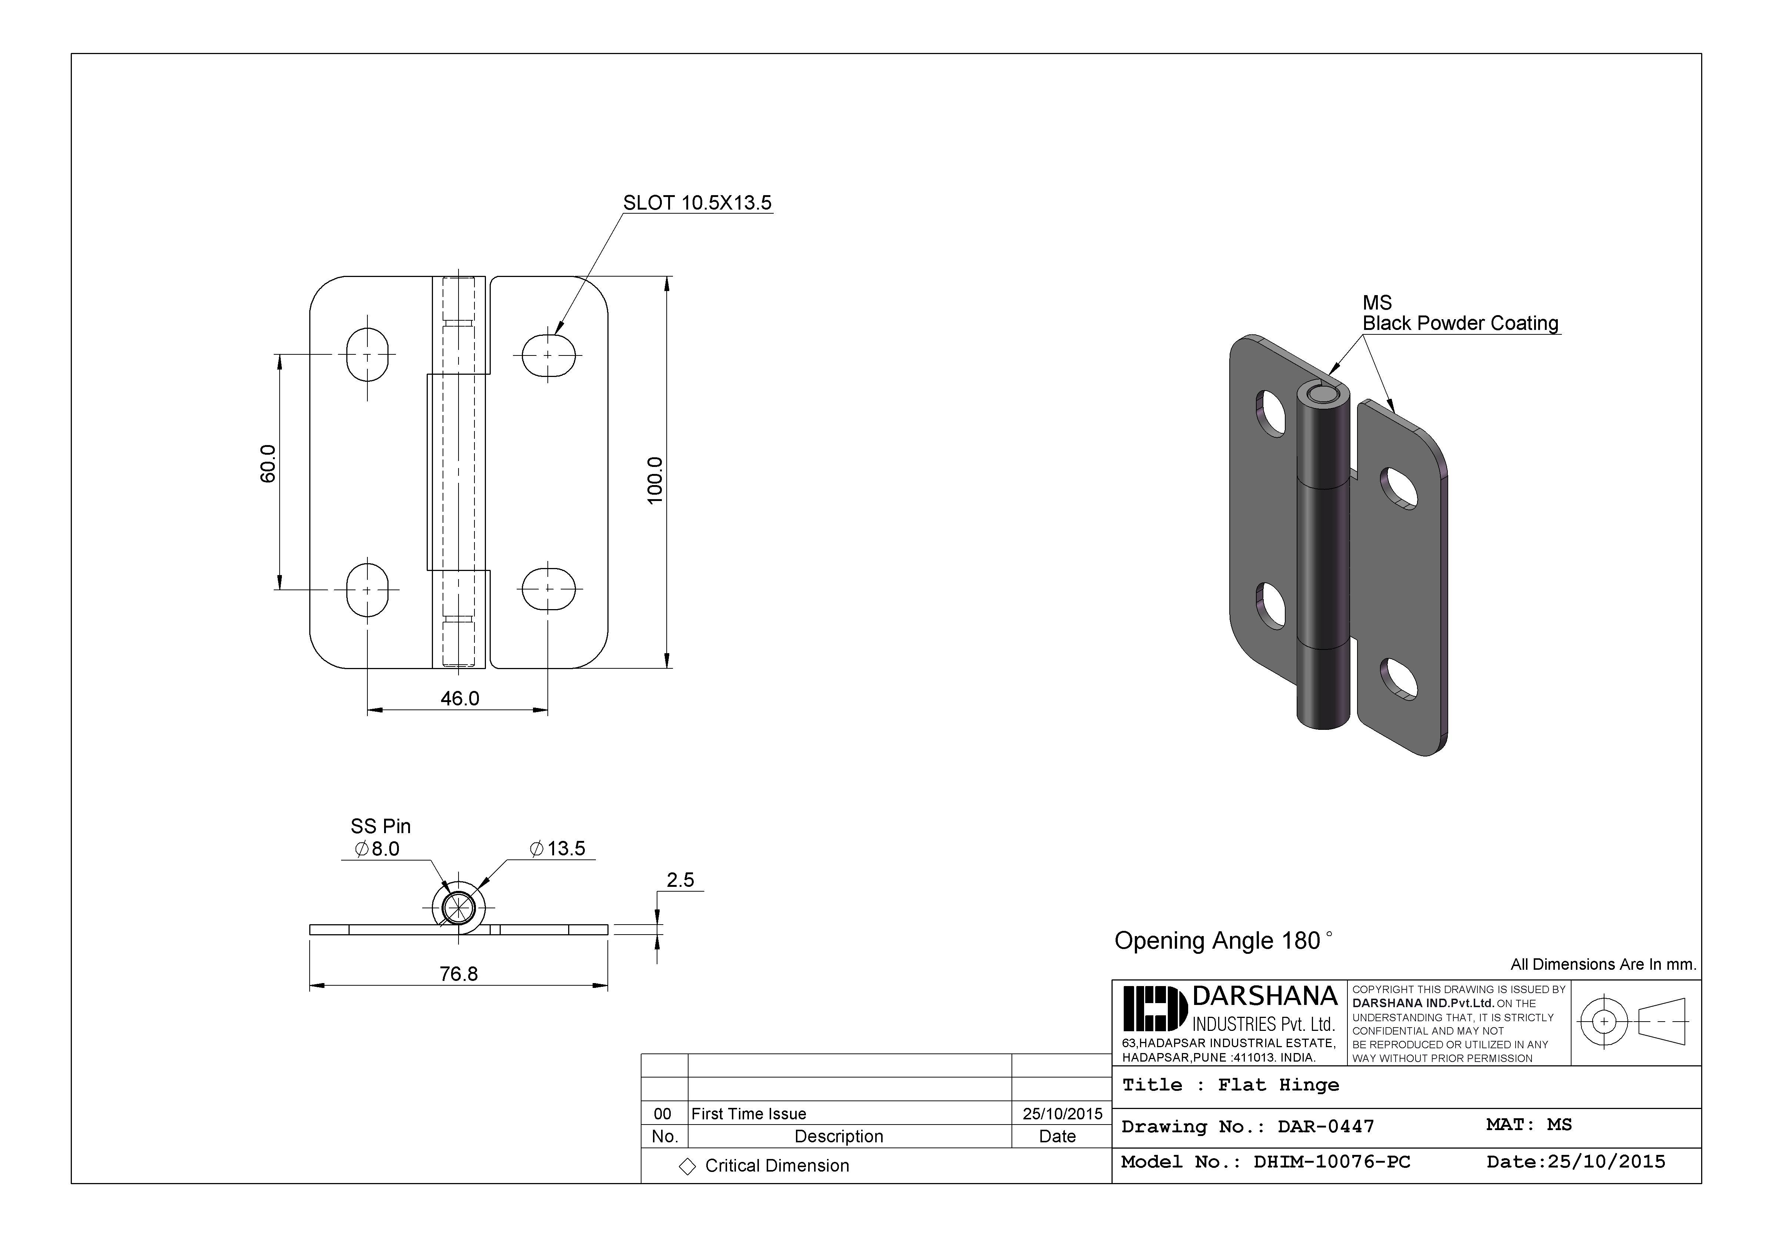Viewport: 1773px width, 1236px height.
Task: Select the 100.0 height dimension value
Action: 655,480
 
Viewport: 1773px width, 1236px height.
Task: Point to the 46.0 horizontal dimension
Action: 460,699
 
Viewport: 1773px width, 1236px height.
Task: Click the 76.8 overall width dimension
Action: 459,974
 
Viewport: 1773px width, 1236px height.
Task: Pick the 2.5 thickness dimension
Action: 680,880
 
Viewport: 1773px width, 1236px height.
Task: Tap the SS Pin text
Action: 381,826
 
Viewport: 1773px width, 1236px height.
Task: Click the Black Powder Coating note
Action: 1460,324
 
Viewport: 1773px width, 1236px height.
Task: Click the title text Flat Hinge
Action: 1278,1085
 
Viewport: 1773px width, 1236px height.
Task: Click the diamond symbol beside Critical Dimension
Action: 687,1166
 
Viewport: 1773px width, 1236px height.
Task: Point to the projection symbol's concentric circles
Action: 1604,1021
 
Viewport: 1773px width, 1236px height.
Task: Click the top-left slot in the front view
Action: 367,355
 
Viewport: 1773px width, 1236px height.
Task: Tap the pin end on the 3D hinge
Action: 1324,396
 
